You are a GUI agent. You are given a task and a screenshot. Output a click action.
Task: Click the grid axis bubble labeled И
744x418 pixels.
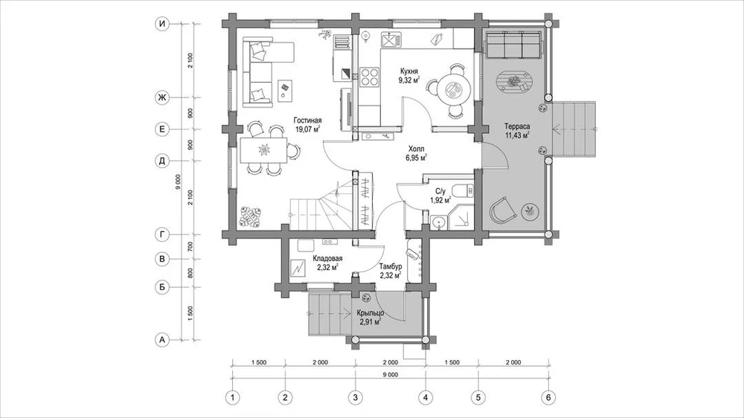pyautogui.click(x=162, y=25)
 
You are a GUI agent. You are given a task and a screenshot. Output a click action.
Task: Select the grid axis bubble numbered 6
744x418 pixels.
pyautogui.click(x=548, y=397)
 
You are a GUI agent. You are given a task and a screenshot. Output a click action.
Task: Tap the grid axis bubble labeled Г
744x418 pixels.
pyautogui.click(x=162, y=234)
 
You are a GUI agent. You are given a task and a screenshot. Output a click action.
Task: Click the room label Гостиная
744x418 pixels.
pyautogui.click(x=307, y=120)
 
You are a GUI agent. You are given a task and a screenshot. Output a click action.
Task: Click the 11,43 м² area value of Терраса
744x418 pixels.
pyautogui.click(x=517, y=135)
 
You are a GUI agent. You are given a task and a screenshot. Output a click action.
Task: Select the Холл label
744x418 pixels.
pyautogui.click(x=416, y=148)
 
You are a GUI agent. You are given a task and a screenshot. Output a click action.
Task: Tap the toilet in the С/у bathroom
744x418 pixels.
pyautogui.click(x=463, y=190)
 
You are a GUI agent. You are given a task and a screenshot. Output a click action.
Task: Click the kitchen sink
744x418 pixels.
pyautogui.click(x=391, y=39)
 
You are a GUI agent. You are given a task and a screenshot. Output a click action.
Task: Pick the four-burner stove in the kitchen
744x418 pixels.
pyautogui.click(x=369, y=77)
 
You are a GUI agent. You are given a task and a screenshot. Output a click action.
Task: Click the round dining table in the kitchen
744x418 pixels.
pyautogui.click(x=453, y=89)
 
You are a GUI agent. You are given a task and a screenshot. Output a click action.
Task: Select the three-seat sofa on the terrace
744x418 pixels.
pyautogui.click(x=513, y=45)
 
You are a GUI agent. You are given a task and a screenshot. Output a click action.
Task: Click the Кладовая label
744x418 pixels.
pyautogui.click(x=327, y=259)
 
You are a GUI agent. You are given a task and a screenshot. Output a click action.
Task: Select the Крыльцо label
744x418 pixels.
pyautogui.click(x=370, y=313)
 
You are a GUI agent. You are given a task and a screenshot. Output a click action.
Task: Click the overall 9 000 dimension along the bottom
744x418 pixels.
pyautogui.click(x=390, y=374)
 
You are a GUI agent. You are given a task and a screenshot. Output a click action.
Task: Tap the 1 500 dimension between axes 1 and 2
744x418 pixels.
pyautogui.click(x=258, y=362)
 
